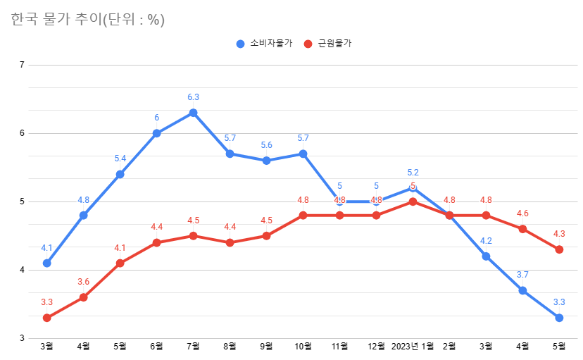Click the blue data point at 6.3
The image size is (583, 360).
click(193, 113)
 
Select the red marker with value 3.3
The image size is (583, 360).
click(46, 318)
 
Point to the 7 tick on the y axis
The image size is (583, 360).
click(22, 65)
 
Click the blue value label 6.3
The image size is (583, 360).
click(193, 97)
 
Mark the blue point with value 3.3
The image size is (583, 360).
click(559, 318)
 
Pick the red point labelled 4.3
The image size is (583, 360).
click(559, 249)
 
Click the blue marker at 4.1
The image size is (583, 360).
click(46, 263)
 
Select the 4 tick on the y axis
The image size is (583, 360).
click(22, 270)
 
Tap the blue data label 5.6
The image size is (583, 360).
click(266, 145)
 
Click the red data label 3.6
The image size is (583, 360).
click(83, 282)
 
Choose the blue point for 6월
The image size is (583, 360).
click(156, 133)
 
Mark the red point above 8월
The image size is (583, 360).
click(230, 242)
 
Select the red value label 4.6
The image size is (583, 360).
click(522, 213)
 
